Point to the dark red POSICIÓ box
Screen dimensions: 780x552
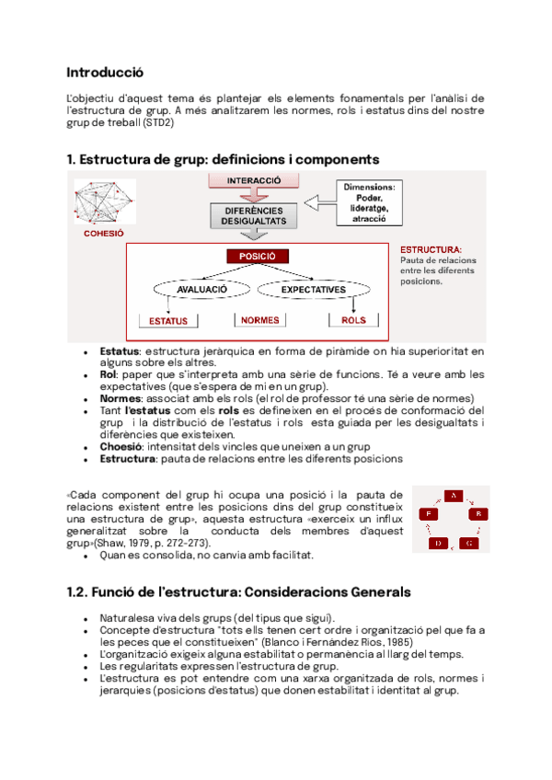click(258, 257)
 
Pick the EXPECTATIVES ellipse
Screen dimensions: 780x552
click(314, 289)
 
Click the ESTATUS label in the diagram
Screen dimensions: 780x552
click(168, 321)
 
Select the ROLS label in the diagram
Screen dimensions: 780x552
click(353, 320)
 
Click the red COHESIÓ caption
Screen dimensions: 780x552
click(103, 234)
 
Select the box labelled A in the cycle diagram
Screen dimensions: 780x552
click(452, 497)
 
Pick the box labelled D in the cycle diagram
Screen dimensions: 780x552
click(439, 544)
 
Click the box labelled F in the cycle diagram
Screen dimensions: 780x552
click(427, 513)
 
